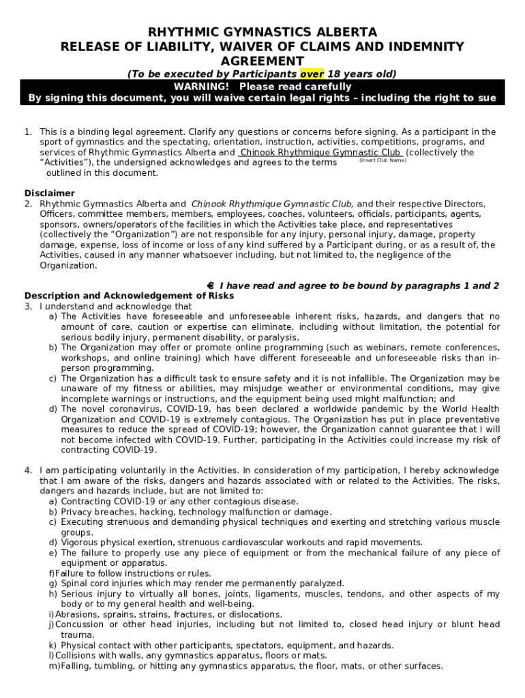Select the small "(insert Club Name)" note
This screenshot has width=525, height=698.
click(382, 161)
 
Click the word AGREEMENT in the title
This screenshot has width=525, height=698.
click(262, 61)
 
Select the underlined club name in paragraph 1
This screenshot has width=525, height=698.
click(320, 153)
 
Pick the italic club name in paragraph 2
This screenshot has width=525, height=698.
click(272, 204)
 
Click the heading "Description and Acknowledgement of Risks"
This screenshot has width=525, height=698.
click(129, 296)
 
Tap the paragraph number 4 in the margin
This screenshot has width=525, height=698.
click(28, 470)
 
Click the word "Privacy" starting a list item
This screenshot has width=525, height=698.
click(77, 512)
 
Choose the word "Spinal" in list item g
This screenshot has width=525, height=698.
click(74, 583)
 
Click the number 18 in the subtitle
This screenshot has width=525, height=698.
click(334, 74)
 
